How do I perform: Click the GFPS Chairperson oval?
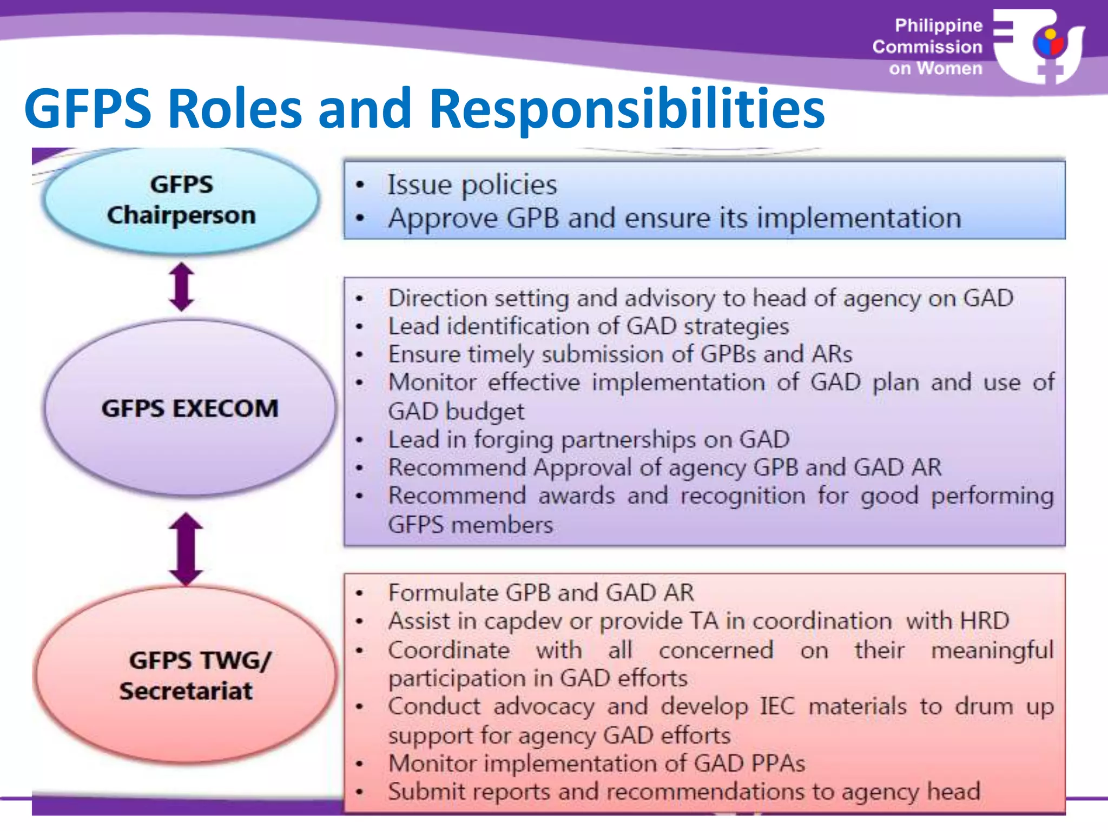coord(181,200)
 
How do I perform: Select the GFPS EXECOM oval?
coord(189,408)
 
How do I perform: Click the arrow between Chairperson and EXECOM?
coord(182,287)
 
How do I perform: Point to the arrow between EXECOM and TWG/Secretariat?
coord(186,549)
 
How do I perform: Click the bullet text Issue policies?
coord(472,185)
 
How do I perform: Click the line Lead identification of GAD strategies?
coord(588,326)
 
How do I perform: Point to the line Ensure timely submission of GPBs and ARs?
coord(620,354)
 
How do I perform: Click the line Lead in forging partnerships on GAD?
coord(589,439)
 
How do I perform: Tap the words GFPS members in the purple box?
coord(471,525)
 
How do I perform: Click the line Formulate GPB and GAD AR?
coord(541,593)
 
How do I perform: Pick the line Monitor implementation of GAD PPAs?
coord(596,763)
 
